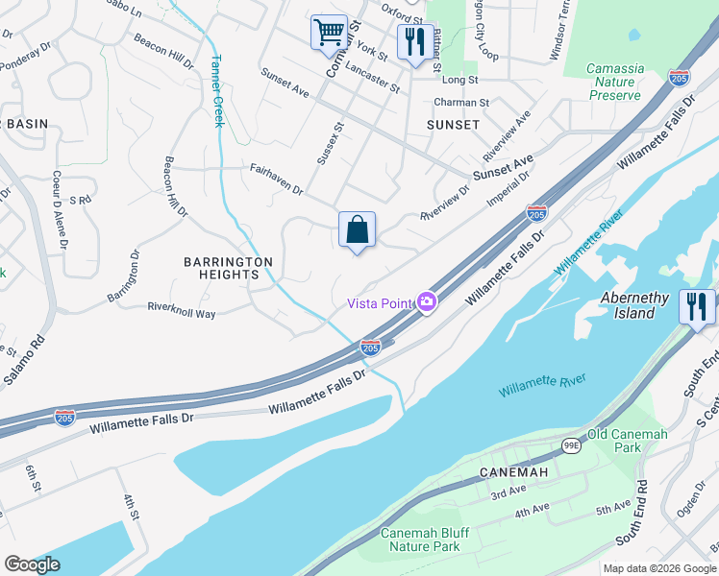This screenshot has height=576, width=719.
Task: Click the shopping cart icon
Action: coord(329,33)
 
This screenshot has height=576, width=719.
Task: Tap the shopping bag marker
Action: coord(357,230)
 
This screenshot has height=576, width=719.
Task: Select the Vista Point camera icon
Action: coord(426,302)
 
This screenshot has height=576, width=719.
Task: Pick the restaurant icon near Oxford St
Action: coord(414,42)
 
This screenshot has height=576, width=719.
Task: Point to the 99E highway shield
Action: coord(570,445)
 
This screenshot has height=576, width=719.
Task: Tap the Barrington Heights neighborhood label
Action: coord(229,268)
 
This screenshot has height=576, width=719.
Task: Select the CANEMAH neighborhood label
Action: coord(516,472)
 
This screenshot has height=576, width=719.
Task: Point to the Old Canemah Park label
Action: coord(627,442)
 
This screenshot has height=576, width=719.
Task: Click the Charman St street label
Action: coord(461,102)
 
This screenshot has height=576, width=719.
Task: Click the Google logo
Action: coord(33,564)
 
